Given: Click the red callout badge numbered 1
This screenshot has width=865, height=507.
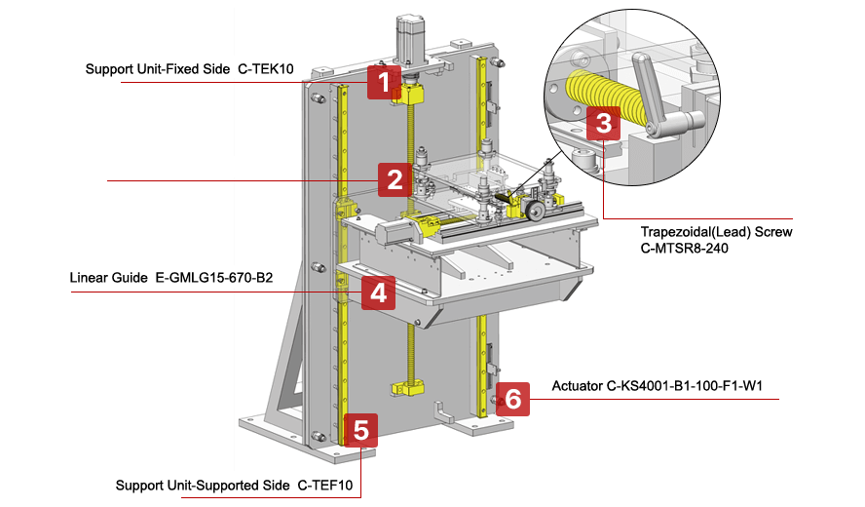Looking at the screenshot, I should [x=384, y=82].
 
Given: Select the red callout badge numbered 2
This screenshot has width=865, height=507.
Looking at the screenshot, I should [x=395, y=179].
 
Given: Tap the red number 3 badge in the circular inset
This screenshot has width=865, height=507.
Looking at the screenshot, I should [x=603, y=124].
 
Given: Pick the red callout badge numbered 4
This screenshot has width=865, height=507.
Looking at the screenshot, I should [x=378, y=292].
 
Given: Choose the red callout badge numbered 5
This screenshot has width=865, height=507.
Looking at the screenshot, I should [x=360, y=430].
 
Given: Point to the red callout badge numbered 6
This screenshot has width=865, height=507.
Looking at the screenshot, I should [x=512, y=399].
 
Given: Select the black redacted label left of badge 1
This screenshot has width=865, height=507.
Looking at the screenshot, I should [x=264, y=66].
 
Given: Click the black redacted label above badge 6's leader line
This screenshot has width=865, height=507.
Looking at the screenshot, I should [x=577, y=385].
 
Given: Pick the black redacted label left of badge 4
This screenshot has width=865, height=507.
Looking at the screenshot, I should [x=256, y=276].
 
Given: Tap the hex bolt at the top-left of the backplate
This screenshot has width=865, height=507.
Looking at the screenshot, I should [x=318, y=98].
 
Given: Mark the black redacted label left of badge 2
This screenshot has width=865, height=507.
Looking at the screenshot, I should [x=260, y=167].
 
